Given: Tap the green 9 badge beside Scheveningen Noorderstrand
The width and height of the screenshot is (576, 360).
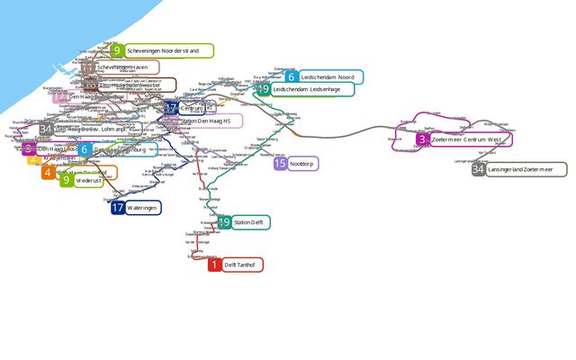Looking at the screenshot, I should pos(116,51).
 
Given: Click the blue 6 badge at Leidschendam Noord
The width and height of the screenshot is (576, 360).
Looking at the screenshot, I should pos(292,77).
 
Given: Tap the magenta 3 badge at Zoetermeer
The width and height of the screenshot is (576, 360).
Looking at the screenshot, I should pos(422,139).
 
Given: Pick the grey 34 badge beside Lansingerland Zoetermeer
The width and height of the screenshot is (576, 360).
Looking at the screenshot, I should pos(479,169).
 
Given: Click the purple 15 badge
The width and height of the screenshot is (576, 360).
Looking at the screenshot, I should pos(281,163).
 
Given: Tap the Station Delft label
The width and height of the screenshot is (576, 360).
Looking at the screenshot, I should pos(249,221).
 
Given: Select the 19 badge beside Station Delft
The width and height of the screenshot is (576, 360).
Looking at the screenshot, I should pos(224,221).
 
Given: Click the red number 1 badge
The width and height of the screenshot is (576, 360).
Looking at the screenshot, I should pos(214,265).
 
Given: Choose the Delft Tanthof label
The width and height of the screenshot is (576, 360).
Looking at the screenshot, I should pos(241,265).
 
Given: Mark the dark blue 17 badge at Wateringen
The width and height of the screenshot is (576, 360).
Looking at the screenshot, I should pos(118,208).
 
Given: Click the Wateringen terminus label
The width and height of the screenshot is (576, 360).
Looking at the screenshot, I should pos(142,208).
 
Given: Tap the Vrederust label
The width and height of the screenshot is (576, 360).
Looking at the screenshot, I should pos(88,180).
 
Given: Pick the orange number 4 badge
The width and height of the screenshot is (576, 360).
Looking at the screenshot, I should pos(48,171).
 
